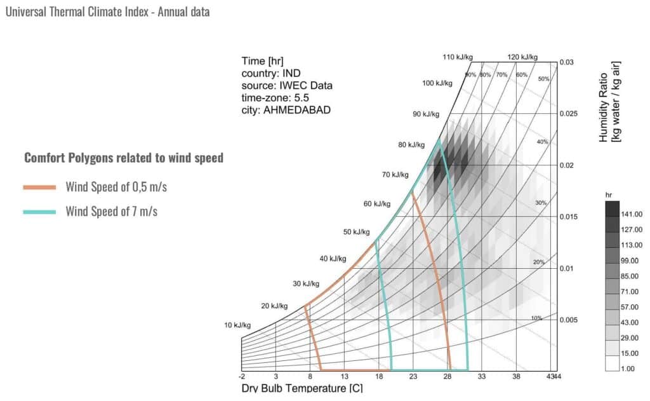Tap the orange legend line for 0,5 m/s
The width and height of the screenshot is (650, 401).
tap(41, 187)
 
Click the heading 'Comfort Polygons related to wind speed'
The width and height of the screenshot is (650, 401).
tap(124, 158)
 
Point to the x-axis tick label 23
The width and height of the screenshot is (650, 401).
tap(413, 377)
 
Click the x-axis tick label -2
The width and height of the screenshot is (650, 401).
tap(241, 377)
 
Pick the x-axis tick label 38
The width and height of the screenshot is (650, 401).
tap(516, 377)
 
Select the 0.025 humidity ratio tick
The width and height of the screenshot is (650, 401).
tap(571, 114)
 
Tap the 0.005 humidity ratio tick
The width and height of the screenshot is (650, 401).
tap(571, 320)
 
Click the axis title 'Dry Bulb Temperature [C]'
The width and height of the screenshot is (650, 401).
tap(302, 388)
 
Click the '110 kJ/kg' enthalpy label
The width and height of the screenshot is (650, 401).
tap(456, 58)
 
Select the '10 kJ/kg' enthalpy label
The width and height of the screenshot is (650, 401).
tap(237, 325)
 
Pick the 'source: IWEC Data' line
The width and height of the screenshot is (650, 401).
tap(287, 85)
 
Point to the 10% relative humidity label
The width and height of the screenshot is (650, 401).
tap(536, 318)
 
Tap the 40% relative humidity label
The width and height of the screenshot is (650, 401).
tap(542, 142)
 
